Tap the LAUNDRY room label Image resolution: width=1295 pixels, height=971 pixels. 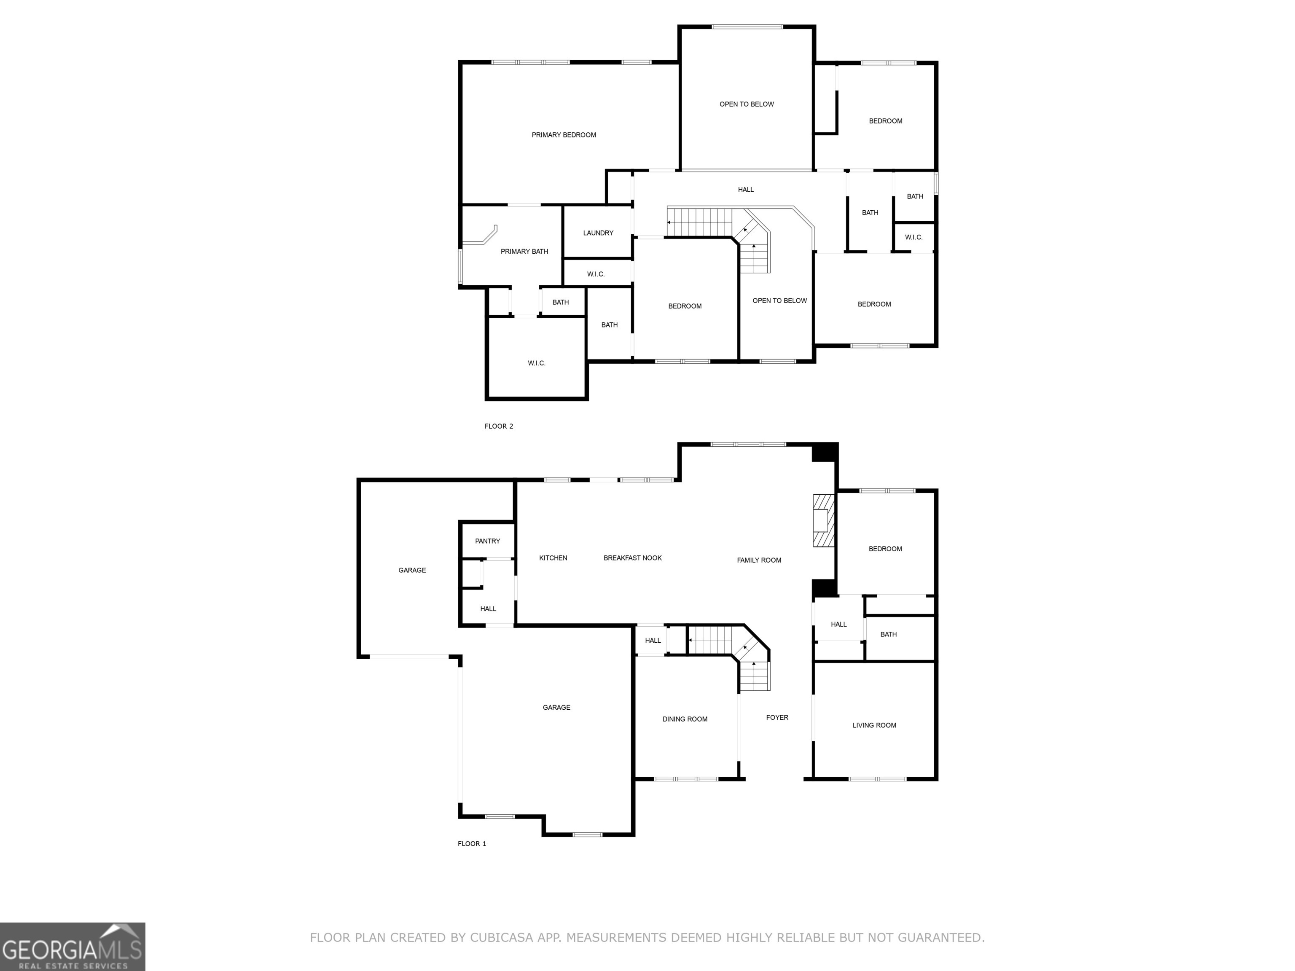pos(598,233)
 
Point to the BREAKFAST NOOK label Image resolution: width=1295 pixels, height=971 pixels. pos(632,558)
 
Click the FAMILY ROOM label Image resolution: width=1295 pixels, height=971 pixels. pos(759,561)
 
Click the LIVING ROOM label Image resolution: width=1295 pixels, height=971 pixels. pos(874,726)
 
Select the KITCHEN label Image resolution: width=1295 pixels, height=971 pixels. pos(553,558)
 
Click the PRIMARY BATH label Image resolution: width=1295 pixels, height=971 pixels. pos(524,252)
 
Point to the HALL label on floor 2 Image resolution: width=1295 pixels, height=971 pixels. pos(745,190)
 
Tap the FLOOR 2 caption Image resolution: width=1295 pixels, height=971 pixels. pos(498,426)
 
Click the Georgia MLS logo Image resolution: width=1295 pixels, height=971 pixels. pos(72,947)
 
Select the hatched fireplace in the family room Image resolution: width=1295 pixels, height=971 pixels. pos(822,520)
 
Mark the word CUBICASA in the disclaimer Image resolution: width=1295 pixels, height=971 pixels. pos(501,938)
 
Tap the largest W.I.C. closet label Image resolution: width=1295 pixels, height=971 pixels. pos(536,363)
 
